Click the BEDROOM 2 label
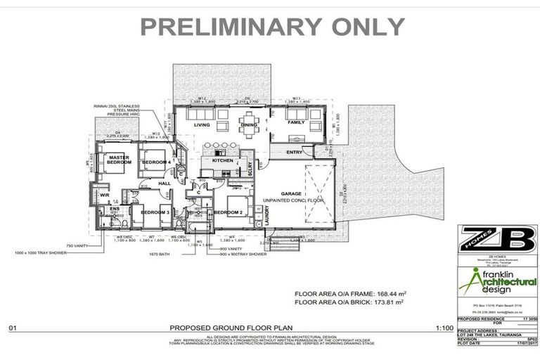[x=228, y=212]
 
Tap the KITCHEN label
[x=222, y=160]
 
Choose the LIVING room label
[x=202, y=126]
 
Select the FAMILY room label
[x=296, y=122]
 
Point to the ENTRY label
[x=293, y=152]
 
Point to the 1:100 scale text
[x=444, y=328]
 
